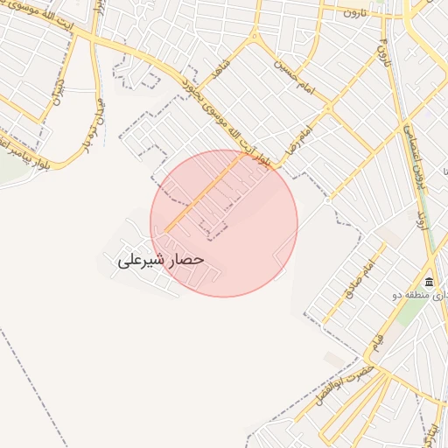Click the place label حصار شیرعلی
click(x=160, y=260)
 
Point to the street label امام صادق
click(x=360, y=278)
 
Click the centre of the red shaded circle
click(x=224, y=223)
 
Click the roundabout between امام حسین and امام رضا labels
click(x=329, y=108)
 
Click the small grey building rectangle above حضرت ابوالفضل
click(x=333, y=360)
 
